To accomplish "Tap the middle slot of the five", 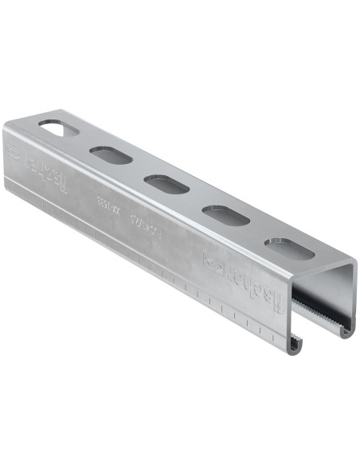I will click(x=167, y=184).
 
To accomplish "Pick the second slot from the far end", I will click(x=111, y=154).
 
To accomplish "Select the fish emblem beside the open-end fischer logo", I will click(x=213, y=262).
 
